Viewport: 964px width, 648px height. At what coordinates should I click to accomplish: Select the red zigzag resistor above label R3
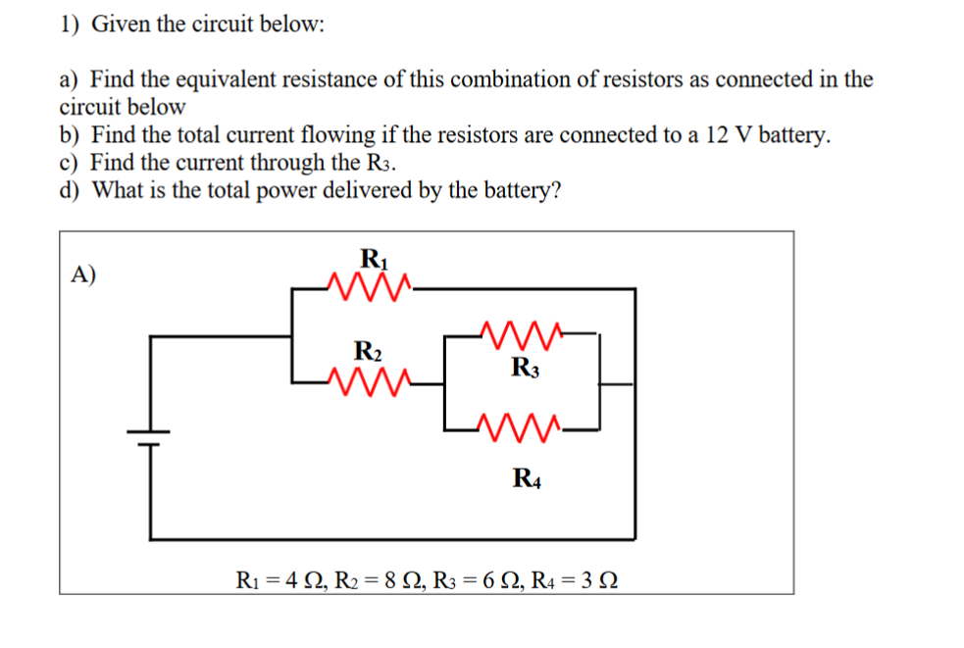pyautogui.click(x=524, y=335)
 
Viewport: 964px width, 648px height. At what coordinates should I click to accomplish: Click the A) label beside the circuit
pyautogui.click(x=84, y=274)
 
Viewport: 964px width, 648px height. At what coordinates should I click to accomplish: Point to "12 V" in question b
pyautogui.click(x=723, y=134)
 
